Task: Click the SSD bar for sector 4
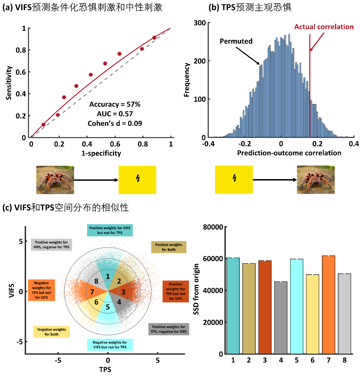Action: click(281, 317)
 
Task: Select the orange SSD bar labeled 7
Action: click(329, 305)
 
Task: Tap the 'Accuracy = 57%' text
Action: click(115, 104)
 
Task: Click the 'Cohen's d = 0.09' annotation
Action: click(115, 124)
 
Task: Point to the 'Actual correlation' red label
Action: click(324, 27)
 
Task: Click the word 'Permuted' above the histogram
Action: click(236, 41)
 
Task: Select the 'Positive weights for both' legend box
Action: click(169, 247)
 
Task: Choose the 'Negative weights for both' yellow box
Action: click(51, 332)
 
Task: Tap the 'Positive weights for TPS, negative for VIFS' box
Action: click(169, 329)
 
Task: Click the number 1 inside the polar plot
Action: click(108, 276)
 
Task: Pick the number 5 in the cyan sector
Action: click(108, 307)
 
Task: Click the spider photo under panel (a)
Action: click(55, 180)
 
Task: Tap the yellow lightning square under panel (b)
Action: click(234, 180)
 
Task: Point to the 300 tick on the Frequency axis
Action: click(200, 23)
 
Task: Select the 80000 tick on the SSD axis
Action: click(213, 227)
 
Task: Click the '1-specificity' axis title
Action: click(101, 153)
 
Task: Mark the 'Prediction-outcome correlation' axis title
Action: click(289, 153)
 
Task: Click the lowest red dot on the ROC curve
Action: click(43, 125)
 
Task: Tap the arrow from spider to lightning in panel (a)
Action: click(96, 180)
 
